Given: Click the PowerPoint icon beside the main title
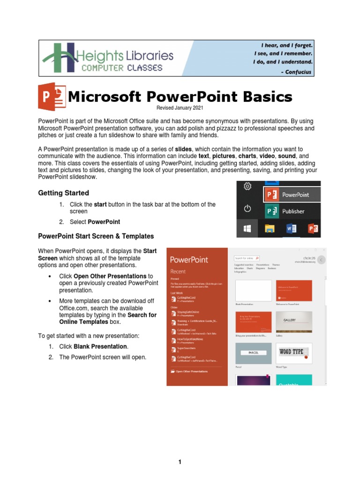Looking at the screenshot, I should coord(52,97).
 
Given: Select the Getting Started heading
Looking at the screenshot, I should coord(63,193).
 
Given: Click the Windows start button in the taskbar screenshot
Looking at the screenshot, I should coord(247,229).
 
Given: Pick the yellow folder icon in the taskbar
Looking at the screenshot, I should coord(269,229).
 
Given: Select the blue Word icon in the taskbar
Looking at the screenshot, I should coord(290,229).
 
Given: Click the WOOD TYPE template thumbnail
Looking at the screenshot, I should coord(294,353).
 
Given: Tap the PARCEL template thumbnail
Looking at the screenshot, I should coord(253,353).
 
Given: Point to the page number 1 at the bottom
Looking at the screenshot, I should coord(180,462).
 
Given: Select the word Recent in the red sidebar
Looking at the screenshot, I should coord(178,271).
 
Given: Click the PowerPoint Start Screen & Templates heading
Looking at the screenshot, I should coord(96,236).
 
